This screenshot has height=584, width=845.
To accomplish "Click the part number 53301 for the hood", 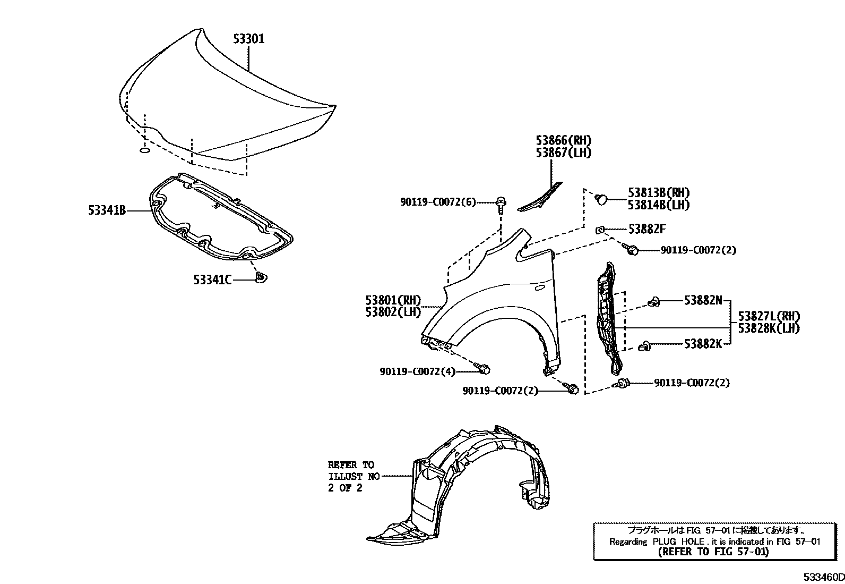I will coord(248,39).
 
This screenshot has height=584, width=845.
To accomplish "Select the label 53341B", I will coord(107,211).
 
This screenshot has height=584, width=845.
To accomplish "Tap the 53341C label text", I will coord(212,279).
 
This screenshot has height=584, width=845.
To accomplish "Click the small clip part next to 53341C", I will coord(261,277).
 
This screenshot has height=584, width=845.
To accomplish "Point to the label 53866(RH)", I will coord(563,141).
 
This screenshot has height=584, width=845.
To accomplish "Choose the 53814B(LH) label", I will coord(659,205).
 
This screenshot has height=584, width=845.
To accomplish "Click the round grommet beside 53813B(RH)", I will coord(601,199).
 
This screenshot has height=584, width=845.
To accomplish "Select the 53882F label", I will coord(646,229).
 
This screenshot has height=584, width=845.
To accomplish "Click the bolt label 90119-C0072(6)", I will coord(438,202).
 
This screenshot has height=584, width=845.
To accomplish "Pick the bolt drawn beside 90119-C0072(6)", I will coord(501,204).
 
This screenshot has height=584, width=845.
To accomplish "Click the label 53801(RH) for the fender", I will coord(392,300).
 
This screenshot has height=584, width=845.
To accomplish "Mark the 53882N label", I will coord(703,301).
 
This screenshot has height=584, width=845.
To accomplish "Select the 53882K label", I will coord(703,344).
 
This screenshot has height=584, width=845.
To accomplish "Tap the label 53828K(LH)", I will coord(768,328).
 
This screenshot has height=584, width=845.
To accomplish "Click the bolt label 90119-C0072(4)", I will coord(417,372).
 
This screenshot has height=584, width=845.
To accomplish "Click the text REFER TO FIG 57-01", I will coord(713,552).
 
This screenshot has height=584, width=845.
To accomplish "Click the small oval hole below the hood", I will coord(144,152).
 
